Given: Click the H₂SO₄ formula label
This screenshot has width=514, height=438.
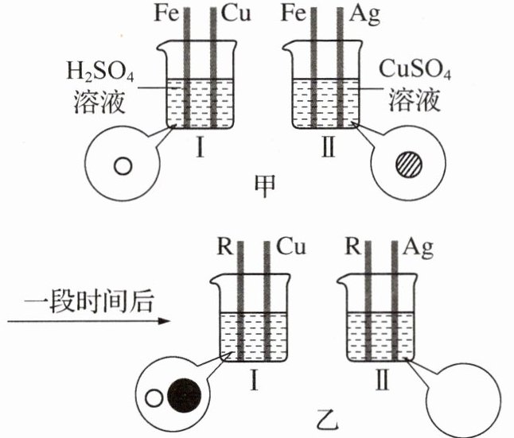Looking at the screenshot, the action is tap(100, 72).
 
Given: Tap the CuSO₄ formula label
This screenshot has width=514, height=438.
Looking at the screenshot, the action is tap(415, 69).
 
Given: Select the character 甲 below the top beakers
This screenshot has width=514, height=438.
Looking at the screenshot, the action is tap(265, 186).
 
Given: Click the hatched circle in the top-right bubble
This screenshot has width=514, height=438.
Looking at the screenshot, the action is tap(409, 165).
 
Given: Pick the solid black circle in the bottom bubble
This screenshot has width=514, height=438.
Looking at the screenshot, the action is tap(184, 395).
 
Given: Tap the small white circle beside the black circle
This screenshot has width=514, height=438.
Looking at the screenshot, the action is tap(154, 398).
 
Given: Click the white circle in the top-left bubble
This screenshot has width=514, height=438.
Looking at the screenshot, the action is tap(123, 166).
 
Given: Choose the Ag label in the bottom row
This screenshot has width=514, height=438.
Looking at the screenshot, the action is tap(419, 248).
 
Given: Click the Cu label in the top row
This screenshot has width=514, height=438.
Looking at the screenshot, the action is tap(236, 14).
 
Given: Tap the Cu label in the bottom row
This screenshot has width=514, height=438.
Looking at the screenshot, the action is tap(291, 246).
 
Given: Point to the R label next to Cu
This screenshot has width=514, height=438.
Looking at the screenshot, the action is tap(225, 247).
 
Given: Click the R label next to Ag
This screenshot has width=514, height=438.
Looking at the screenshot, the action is tap(352, 246).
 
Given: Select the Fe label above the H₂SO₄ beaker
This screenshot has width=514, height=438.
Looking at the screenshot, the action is tap(167, 14).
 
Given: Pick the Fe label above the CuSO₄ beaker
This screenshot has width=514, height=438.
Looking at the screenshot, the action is tap(294, 14).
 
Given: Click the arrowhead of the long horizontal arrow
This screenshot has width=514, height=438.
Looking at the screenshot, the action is tap(164, 321).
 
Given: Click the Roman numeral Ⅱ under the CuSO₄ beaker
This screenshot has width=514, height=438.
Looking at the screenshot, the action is tap(329, 147).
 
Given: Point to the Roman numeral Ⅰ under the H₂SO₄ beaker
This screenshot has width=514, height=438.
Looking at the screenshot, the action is tap(200, 147).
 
